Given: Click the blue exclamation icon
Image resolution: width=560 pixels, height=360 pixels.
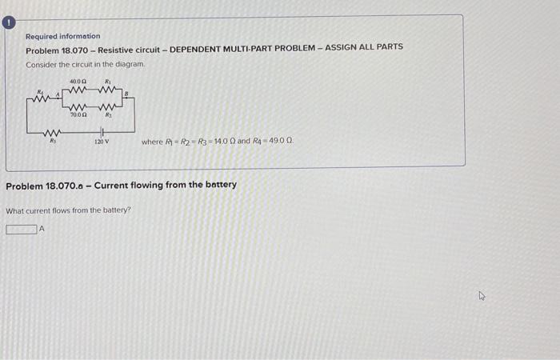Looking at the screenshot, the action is pyautogui.click(x=9, y=24).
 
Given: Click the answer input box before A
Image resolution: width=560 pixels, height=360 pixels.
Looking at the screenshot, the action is pyautogui.click(x=22, y=230).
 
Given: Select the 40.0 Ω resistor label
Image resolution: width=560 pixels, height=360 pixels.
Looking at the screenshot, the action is pyautogui.click(x=78, y=82).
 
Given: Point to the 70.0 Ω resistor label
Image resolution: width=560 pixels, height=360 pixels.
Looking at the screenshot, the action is pyautogui.click(x=78, y=115).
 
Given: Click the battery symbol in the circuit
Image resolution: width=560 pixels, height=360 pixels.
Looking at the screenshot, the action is pyautogui.click(x=102, y=132).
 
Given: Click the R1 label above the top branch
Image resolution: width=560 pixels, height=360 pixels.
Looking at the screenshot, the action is pyautogui.click(x=108, y=82).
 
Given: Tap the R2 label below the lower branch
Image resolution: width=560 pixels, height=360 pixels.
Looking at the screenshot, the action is pyautogui.click(x=107, y=115).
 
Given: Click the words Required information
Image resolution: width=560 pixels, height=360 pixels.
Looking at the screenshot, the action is pyautogui.click(x=62, y=36).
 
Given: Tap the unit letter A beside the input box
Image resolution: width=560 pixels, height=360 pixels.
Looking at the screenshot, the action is pyautogui.click(x=42, y=230).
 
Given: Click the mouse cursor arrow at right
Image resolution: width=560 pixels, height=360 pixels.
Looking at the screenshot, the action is pyautogui.click(x=482, y=295).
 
